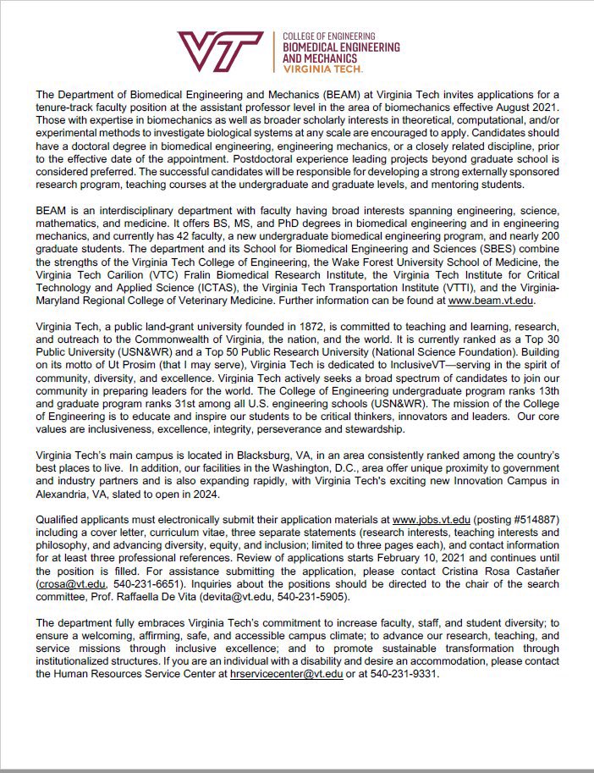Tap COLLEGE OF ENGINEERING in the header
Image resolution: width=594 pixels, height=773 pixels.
[328, 36]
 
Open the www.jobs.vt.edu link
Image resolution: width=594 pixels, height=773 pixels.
[432, 518]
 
